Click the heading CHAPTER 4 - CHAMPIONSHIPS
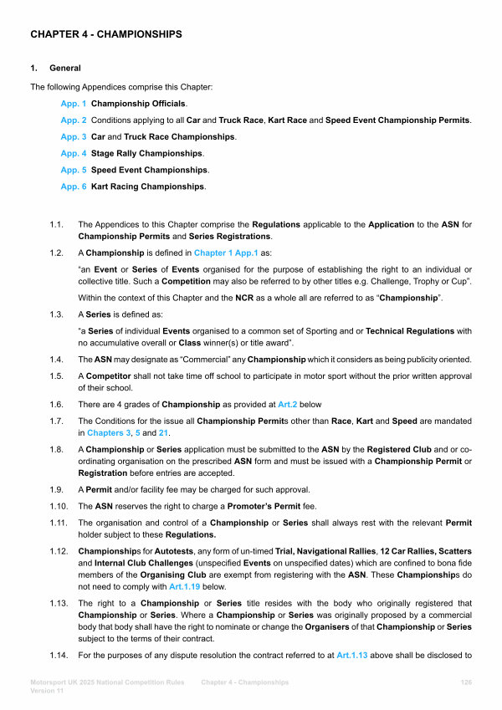tap(106, 34)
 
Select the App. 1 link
tap(74, 104)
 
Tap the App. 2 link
tap(74, 120)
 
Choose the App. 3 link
tap(74, 136)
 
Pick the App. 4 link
tap(74, 153)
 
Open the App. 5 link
tap(74, 170)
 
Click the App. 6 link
tap(74, 186)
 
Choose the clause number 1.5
tap(57, 376)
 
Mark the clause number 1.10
tap(59, 506)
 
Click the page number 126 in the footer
tap(467, 683)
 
